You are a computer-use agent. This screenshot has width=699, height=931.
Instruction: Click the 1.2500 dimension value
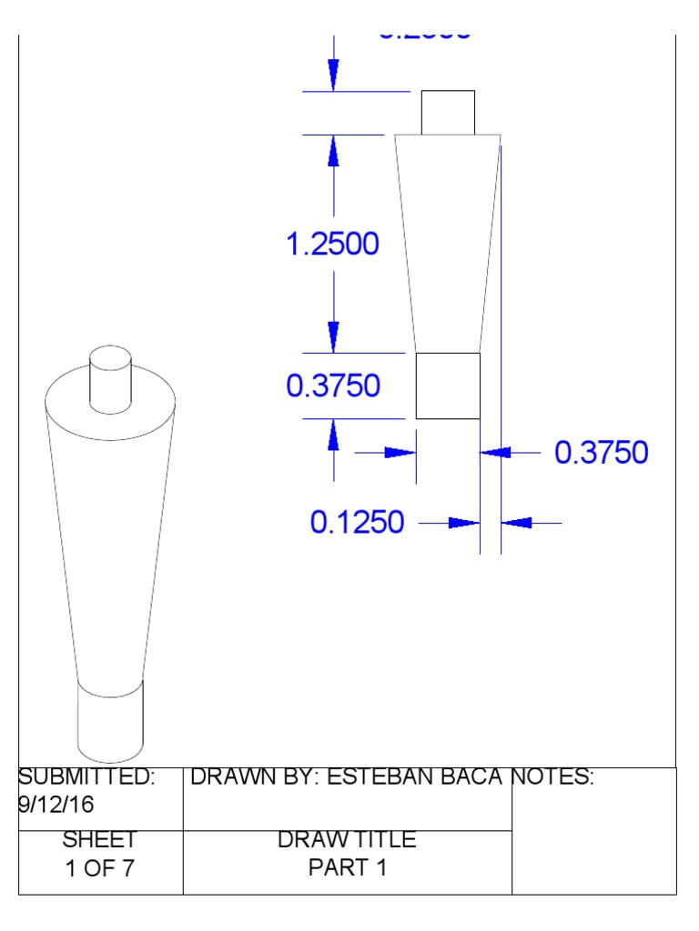click(x=332, y=244)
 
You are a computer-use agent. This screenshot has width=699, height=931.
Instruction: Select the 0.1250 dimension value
click(x=357, y=523)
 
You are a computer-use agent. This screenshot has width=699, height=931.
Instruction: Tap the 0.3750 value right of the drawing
click(x=602, y=452)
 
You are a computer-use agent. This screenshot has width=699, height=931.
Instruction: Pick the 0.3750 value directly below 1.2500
click(x=333, y=386)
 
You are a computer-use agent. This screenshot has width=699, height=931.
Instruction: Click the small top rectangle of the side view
click(x=447, y=112)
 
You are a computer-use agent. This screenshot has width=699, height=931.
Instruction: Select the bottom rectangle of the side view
click(x=448, y=385)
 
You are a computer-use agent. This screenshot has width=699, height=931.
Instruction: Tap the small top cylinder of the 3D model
click(x=110, y=377)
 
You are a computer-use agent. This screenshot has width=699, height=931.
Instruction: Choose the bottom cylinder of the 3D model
click(x=110, y=723)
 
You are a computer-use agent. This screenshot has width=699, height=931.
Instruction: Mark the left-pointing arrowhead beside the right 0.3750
click(x=495, y=452)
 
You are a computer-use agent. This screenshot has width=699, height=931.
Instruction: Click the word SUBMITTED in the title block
click(x=86, y=777)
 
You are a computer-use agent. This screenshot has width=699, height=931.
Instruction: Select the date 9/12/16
click(x=56, y=806)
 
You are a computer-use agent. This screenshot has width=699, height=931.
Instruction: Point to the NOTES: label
click(x=552, y=777)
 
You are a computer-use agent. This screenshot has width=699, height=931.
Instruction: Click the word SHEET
click(x=100, y=840)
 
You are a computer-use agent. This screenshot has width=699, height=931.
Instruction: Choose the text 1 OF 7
click(x=100, y=868)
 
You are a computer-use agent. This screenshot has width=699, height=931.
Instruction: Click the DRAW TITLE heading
click(x=347, y=840)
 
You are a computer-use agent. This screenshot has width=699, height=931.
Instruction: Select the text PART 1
click(x=347, y=868)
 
